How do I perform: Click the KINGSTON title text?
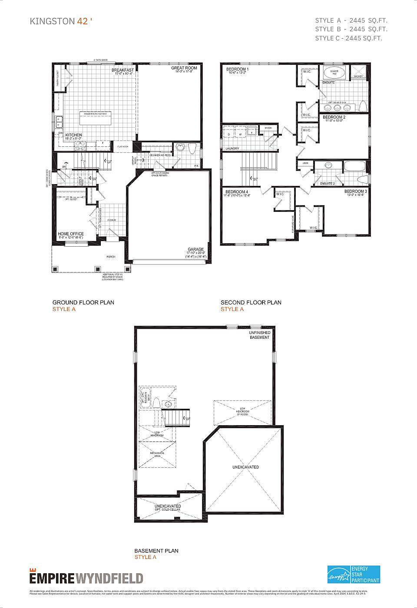[52, 21]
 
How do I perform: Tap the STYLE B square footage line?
[351, 29]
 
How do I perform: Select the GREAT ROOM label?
[184, 68]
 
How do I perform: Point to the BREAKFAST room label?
[122, 70]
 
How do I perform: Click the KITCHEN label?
[73, 135]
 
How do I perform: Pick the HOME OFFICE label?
[71, 234]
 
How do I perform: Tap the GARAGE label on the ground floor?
[195, 250]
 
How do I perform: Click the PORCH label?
[111, 257]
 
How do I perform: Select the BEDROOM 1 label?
[238, 69]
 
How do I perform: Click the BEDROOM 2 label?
[334, 117]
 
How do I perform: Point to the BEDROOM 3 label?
[355, 192]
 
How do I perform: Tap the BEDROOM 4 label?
[237, 192]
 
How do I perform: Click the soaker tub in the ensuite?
[334, 73]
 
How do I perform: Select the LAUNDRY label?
[232, 149]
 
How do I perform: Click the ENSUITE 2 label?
[328, 184]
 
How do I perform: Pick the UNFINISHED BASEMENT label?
[259, 335]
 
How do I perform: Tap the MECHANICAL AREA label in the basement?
[157, 454]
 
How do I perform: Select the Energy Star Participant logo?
[353, 574]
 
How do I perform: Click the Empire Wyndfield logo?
[86, 578]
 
